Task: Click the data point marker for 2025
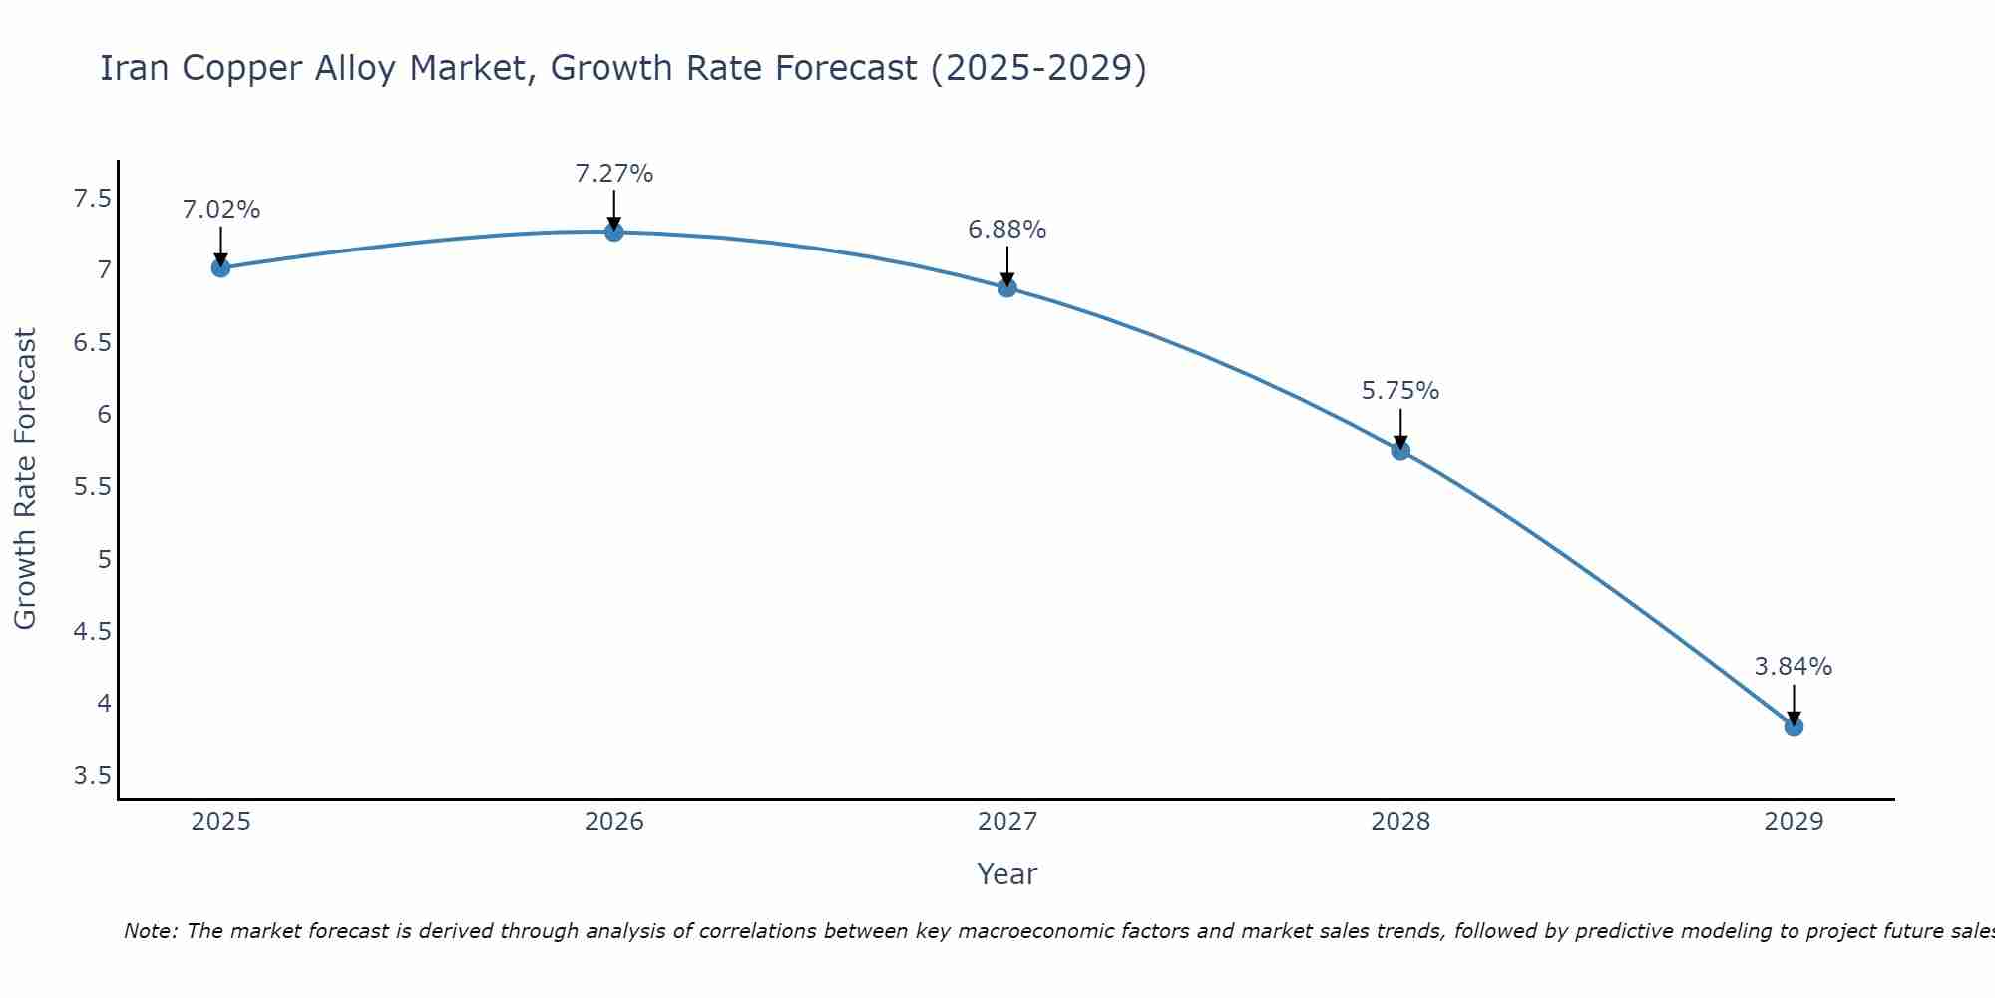tap(221, 267)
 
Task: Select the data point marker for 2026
tap(614, 232)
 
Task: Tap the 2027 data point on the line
tap(1007, 288)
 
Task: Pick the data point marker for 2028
tap(1400, 451)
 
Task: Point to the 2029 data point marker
tap(1794, 727)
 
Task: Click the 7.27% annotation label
tap(614, 174)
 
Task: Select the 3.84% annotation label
tap(1794, 667)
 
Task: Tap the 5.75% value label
tap(1400, 391)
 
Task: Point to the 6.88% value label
tap(1007, 230)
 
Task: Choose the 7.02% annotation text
tap(221, 210)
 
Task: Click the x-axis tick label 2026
tap(614, 822)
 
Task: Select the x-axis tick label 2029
tap(1794, 822)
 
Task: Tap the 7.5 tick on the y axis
tap(92, 199)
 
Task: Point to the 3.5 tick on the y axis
tap(92, 776)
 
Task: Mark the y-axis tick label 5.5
tap(92, 487)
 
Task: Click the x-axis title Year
tap(1007, 874)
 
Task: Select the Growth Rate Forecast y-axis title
tap(26, 479)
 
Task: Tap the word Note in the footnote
tap(150, 931)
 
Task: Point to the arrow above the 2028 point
tap(1400, 427)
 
